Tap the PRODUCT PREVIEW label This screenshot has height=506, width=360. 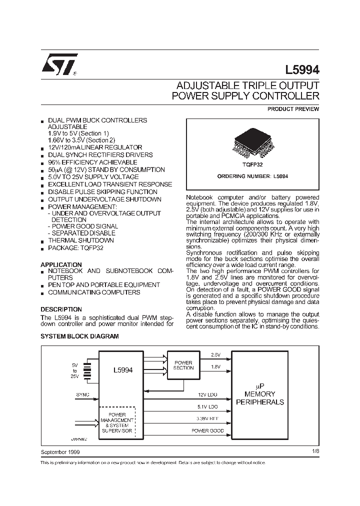coord(293,109)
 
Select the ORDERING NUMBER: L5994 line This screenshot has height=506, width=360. coord(252,176)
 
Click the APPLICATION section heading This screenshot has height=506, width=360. coord(61,264)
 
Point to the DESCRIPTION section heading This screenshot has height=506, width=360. coord(61,309)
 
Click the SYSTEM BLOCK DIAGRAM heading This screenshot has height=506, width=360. coord(79,336)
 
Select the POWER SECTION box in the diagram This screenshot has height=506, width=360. coord(183,365)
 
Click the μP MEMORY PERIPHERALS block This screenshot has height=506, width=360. coord(259,394)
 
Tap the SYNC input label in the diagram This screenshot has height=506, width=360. coord(83,394)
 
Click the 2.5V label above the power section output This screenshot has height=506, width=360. coord(215,354)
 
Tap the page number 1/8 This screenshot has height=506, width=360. coord(314,451)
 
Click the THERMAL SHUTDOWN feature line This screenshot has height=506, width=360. coord(80,240)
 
